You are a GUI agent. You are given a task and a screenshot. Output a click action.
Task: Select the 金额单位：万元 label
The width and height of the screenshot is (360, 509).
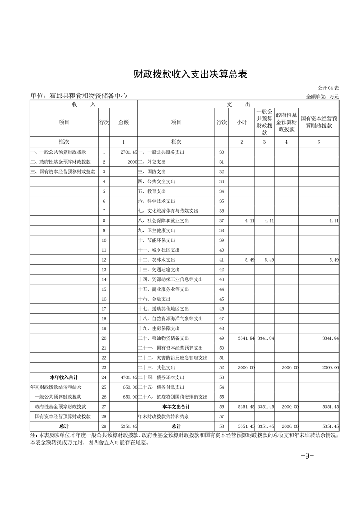tap(322, 97)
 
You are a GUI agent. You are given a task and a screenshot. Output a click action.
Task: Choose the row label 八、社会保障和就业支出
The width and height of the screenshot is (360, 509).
tap(165, 220)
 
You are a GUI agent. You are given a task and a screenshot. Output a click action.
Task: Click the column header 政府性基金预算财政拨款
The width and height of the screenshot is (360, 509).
tap(286, 122)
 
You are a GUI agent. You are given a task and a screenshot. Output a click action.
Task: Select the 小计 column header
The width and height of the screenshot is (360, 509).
tap(241, 122)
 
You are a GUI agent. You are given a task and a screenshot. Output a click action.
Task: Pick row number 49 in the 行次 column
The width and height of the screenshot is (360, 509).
tap(222, 338)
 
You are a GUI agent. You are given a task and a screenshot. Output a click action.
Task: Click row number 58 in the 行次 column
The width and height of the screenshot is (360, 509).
tap(222, 426)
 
